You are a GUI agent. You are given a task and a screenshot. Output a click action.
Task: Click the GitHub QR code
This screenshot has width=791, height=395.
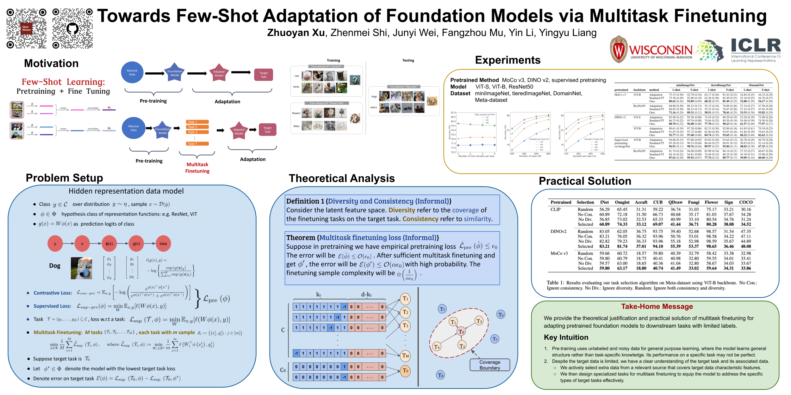point(72,28)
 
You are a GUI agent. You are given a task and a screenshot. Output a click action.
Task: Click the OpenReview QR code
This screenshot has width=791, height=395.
point(27,28)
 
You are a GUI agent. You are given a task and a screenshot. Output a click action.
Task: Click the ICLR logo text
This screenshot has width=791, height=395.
point(756,46)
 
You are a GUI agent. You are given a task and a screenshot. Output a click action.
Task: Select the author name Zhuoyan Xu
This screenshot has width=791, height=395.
point(296,33)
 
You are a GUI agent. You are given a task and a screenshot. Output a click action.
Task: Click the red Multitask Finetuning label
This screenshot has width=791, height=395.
point(197,168)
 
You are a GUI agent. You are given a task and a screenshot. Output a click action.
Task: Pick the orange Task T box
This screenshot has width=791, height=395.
point(197,144)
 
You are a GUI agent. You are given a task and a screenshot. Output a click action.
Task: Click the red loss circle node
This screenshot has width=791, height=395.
point(163,244)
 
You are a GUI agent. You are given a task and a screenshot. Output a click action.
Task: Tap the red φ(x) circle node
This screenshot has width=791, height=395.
point(109,244)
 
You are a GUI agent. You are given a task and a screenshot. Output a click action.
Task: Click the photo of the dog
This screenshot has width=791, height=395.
point(81,268)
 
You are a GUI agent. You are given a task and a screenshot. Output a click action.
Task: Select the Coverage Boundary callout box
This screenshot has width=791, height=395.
point(489,365)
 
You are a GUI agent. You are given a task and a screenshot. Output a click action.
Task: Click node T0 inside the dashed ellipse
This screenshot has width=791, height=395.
point(461,331)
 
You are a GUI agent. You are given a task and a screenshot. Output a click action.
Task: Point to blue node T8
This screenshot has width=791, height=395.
point(440,375)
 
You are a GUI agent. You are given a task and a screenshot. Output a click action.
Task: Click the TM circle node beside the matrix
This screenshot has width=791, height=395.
point(405,355)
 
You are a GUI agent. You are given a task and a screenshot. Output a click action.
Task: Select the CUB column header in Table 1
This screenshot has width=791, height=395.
point(657,202)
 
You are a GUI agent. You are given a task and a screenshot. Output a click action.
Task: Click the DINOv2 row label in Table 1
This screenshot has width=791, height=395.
point(558,232)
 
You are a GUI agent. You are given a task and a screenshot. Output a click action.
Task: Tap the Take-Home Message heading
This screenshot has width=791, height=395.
point(657,307)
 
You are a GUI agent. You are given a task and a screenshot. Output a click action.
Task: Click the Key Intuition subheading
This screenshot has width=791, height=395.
point(566,337)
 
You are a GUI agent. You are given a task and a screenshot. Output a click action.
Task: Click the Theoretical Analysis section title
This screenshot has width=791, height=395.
point(341,179)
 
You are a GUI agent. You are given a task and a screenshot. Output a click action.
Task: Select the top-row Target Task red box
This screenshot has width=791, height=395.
point(264,75)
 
